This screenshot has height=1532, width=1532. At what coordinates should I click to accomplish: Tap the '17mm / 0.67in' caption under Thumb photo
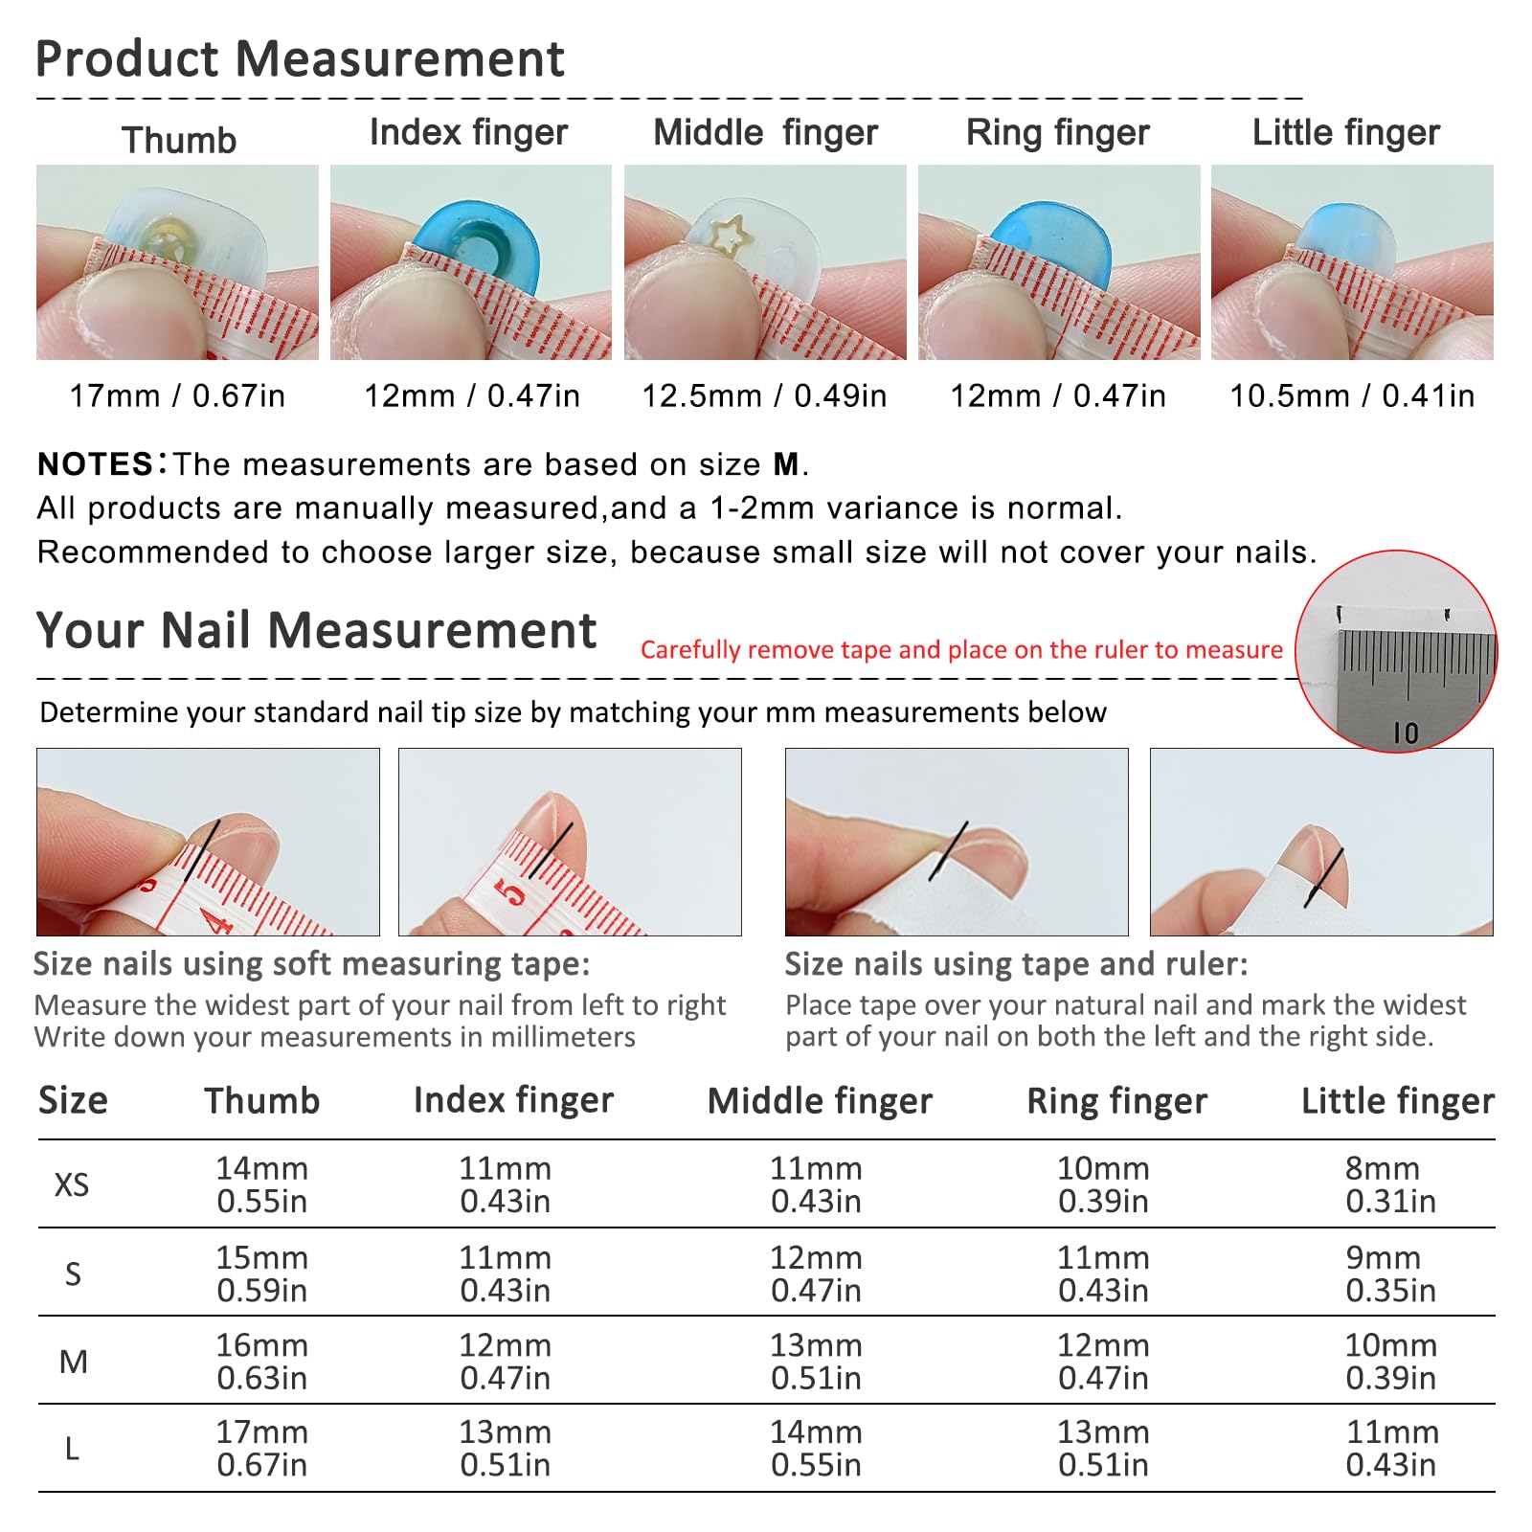click(177, 395)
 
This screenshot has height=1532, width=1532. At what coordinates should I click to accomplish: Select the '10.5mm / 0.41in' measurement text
click(1352, 395)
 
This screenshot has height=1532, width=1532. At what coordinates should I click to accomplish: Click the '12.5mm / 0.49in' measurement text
click(764, 395)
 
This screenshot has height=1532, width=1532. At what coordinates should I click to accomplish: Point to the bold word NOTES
click(96, 464)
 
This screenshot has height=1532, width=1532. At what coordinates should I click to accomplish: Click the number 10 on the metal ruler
click(1406, 733)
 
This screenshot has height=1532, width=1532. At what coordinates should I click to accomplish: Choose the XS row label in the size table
click(72, 1185)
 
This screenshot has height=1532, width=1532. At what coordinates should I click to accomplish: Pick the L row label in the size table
click(72, 1449)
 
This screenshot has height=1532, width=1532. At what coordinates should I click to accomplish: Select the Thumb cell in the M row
click(261, 1362)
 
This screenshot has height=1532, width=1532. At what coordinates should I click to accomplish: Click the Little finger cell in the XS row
click(1390, 1184)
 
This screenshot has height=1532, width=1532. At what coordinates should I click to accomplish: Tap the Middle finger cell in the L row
click(816, 1449)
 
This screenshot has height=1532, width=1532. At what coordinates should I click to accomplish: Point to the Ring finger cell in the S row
click(1103, 1273)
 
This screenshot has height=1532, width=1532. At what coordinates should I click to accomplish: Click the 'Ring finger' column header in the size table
click(1116, 1101)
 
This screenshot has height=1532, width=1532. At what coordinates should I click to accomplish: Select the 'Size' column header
click(73, 1101)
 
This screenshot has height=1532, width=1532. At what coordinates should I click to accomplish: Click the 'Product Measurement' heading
click(300, 58)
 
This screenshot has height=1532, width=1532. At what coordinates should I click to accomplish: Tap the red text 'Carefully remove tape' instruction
click(961, 649)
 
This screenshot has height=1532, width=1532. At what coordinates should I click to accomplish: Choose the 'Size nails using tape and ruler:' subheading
click(1017, 963)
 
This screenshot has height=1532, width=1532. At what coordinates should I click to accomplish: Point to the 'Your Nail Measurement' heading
click(316, 630)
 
